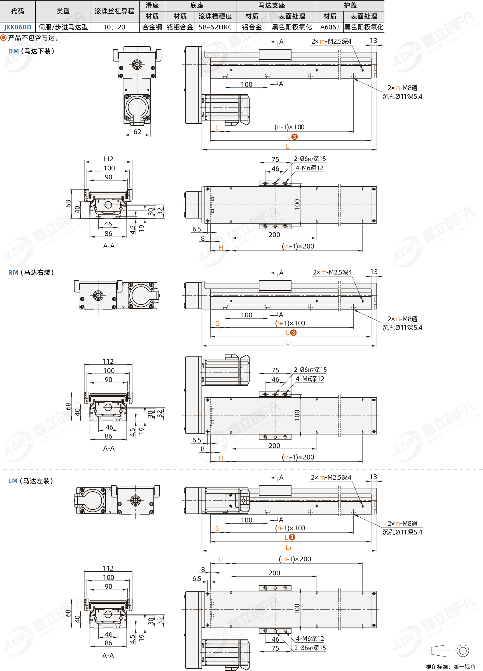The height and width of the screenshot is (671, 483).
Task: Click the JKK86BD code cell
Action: coord(18,27)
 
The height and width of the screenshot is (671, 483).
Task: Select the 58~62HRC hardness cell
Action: coord(215,27)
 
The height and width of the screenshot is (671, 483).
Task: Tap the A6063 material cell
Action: coord(330,27)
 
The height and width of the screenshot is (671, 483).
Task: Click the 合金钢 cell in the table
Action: coord(152,27)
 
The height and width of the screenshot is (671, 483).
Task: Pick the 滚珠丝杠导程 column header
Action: coord(114,11)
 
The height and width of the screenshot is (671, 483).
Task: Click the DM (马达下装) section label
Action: coord(31,51)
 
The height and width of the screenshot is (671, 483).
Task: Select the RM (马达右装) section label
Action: coord(31,273)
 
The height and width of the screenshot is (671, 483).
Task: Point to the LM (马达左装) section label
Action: coord(31,481)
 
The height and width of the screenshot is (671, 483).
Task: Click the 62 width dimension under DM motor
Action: coord(137,132)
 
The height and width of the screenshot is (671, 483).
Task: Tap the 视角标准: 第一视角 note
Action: coord(451,667)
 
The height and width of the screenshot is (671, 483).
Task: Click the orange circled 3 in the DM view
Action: coord(294,137)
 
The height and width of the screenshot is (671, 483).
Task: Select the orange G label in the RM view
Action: coord(217,323)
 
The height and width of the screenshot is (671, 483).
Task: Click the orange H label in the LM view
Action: coord(221,559)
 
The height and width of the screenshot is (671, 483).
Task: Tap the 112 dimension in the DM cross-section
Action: coord(108,159)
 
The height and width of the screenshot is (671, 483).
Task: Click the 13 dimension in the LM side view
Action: coord(374,477)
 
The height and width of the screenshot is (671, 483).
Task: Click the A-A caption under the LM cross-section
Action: coord(108,656)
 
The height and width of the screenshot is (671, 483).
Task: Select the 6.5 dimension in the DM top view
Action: coord(197,229)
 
